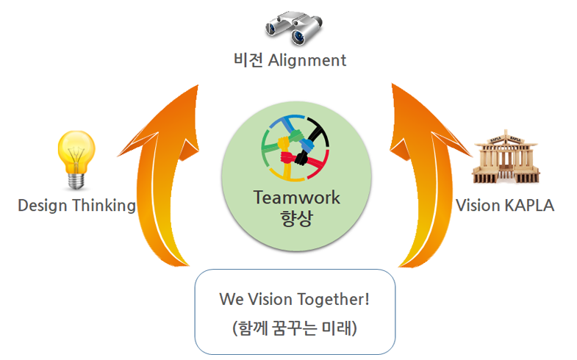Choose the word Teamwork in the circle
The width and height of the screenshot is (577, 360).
(296, 198)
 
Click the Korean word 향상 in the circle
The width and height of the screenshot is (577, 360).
(296, 219)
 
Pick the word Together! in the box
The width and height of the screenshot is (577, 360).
(332, 299)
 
